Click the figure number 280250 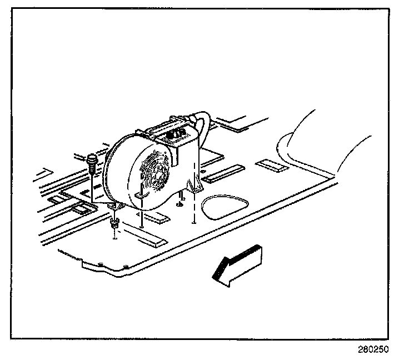(373, 350)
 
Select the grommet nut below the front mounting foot (114, 223)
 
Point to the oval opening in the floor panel (223, 207)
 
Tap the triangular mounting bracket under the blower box (195, 186)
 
